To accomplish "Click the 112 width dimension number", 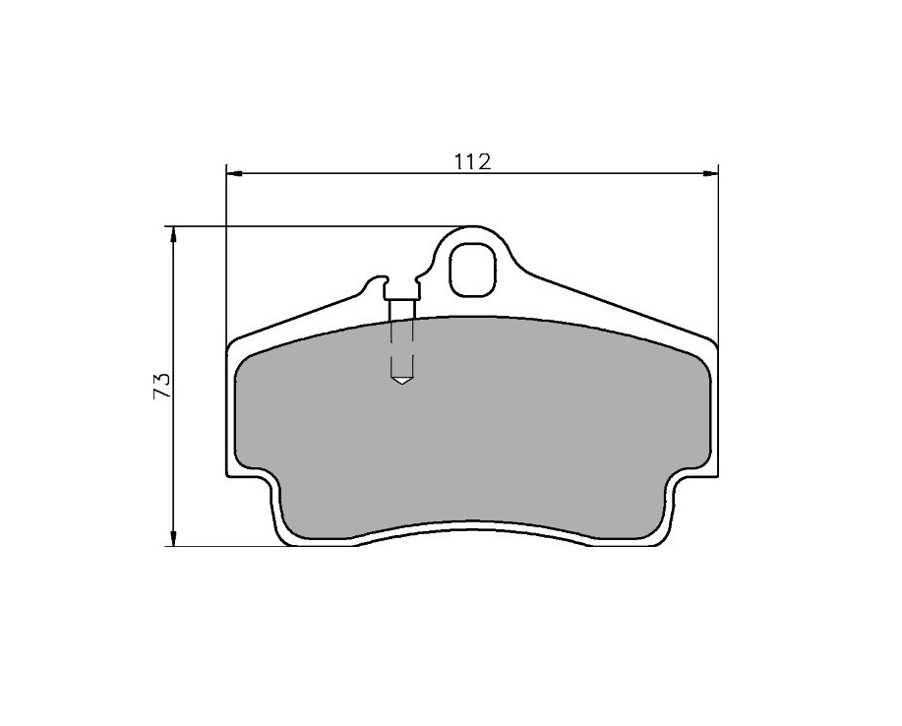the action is coord(472,161).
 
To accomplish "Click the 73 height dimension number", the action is coord(161,386).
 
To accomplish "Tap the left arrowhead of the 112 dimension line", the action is coord(235,172).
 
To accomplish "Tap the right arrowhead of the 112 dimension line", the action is coord(710,172).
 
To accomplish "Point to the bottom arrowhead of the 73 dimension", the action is coord(172,537).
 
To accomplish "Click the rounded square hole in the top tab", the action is coord(472,270).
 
